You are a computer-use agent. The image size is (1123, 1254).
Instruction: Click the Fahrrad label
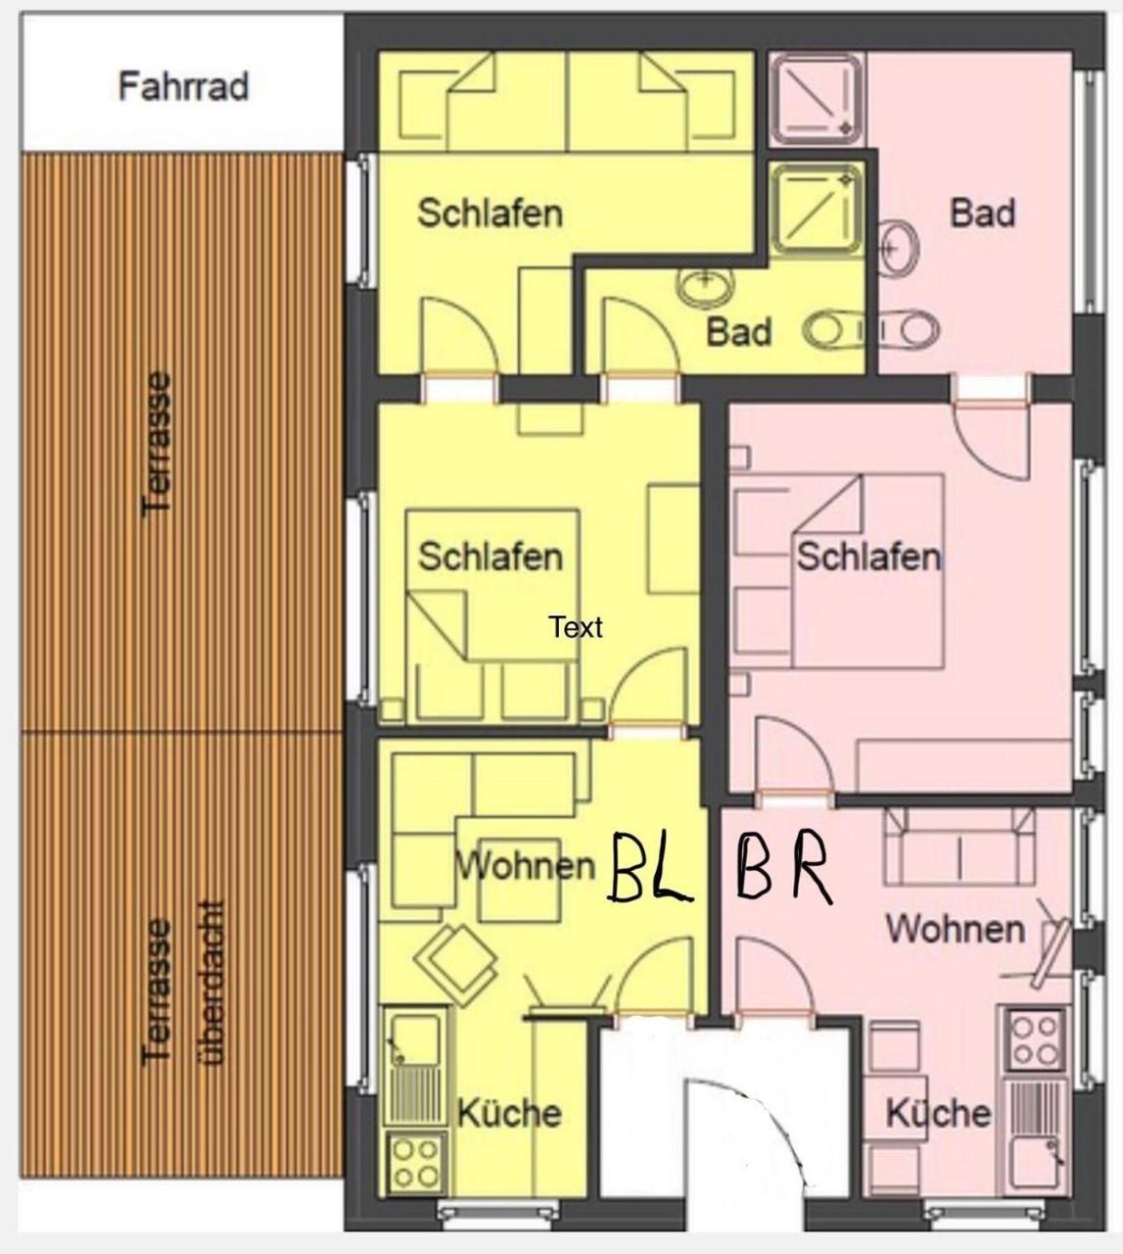click(x=183, y=86)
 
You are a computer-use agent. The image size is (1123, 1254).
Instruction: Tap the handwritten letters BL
click(x=650, y=868)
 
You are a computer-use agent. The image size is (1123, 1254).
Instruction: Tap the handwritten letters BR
click(x=783, y=868)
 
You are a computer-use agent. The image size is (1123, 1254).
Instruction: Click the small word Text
click(x=576, y=627)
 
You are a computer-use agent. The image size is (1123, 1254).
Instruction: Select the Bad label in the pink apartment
click(x=982, y=213)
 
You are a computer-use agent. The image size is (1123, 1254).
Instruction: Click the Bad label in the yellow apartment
click(x=739, y=332)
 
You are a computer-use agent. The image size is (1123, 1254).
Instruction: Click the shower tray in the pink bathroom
click(x=817, y=98)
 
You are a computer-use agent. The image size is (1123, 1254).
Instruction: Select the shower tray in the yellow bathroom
click(x=817, y=209)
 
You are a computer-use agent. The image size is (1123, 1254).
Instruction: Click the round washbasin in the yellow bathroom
click(x=705, y=286)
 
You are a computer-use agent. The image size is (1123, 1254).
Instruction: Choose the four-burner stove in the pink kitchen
click(x=1034, y=1038)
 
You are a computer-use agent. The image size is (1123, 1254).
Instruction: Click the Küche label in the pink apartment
click(x=937, y=1113)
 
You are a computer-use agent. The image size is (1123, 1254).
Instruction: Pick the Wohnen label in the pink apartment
click(x=956, y=928)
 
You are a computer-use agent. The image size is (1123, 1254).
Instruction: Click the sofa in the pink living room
click(x=959, y=847)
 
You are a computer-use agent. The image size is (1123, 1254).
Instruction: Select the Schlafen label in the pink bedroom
click(x=867, y=557)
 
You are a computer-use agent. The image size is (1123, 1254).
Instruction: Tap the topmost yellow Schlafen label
click(x=490, y=213)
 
